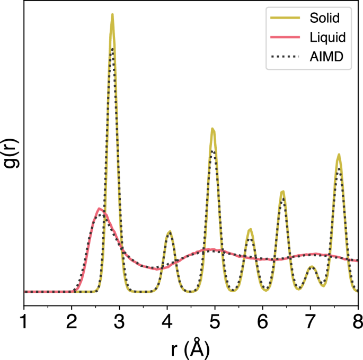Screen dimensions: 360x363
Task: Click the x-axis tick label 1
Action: [x=24, y=321]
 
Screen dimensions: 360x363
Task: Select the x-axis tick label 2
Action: [x=72, y=321]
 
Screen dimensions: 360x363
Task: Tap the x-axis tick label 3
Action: [x=119, y=321]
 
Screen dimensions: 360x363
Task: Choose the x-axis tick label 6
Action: [x=263, y=321]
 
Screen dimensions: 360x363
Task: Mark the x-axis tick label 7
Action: [x=311, y=321]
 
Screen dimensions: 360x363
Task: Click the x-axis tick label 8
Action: [x=358, y=321]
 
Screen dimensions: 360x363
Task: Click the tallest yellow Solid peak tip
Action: [x=112, y=14]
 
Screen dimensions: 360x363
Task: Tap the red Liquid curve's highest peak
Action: [x=99, y=209]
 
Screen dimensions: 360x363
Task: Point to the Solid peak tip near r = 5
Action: [x=212, y=129]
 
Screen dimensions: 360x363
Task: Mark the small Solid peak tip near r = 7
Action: [x=312, y=266]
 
